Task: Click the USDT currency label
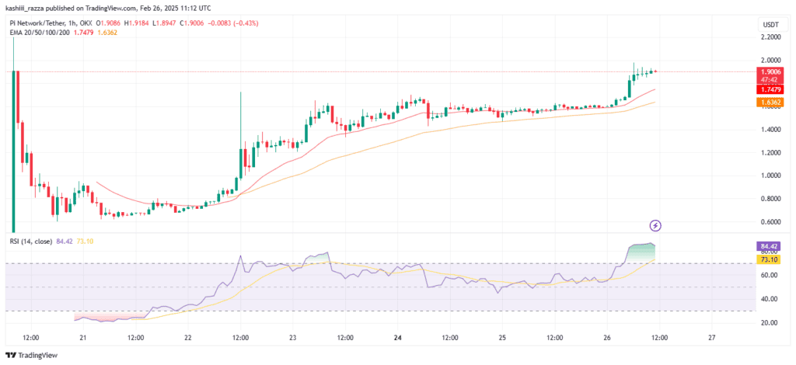(x=770, y=25)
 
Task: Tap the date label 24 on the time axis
(x=397, y=339)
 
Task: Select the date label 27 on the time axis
(x=713, y=339)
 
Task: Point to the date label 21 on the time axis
(x=82, y=339)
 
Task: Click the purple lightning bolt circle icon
(x=656, y=226)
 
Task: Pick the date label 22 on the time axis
(x=187, y=339)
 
